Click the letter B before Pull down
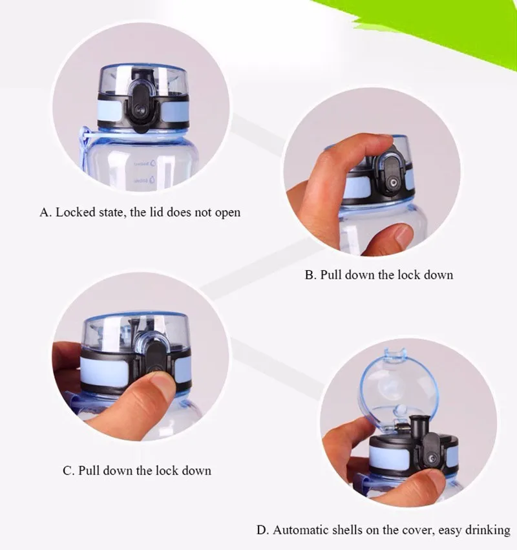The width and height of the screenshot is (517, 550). [310, 275]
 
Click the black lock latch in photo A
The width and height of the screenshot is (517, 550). [142, 101]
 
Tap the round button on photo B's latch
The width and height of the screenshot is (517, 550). [392, 183]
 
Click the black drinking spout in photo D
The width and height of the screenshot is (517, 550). [419, 426]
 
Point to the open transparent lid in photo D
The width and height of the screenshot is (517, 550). [400, 383]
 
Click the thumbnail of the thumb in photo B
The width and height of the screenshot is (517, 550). [403, 233]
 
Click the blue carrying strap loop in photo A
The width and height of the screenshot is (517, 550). [84, 147]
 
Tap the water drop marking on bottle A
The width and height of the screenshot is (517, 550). [153, 164]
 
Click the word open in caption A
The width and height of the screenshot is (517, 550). [227, 213]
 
